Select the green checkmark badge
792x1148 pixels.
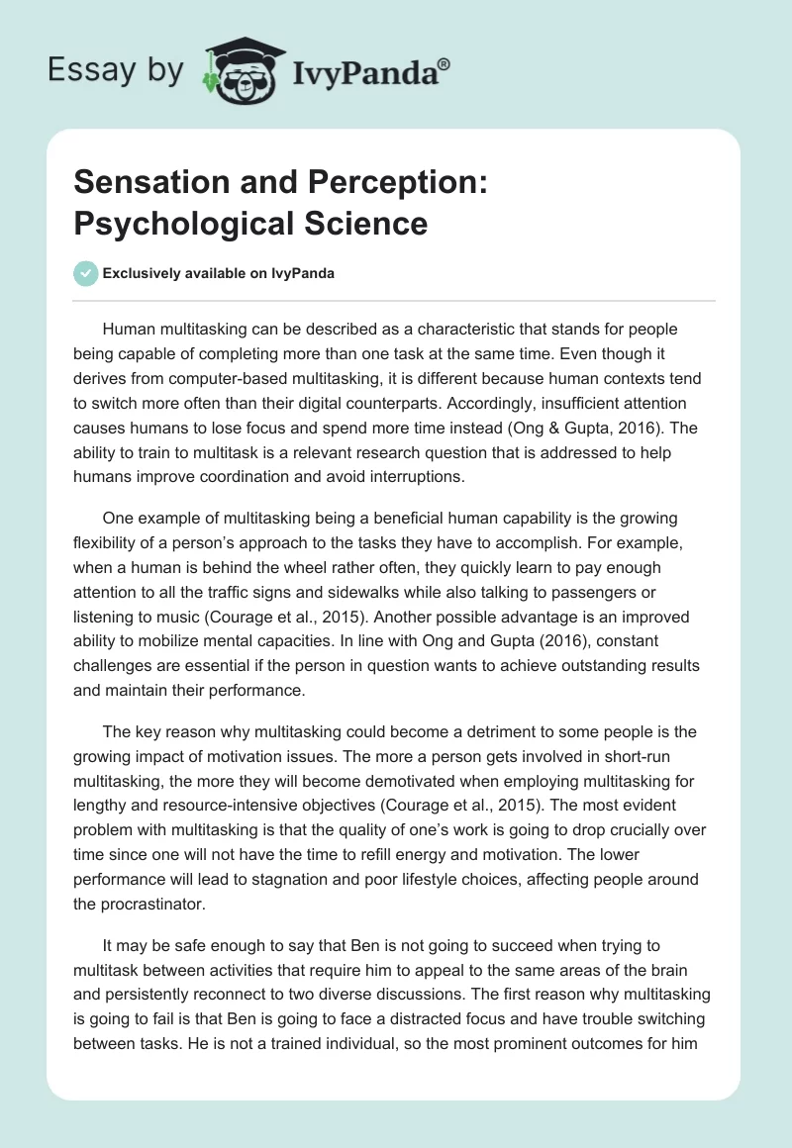86,273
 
